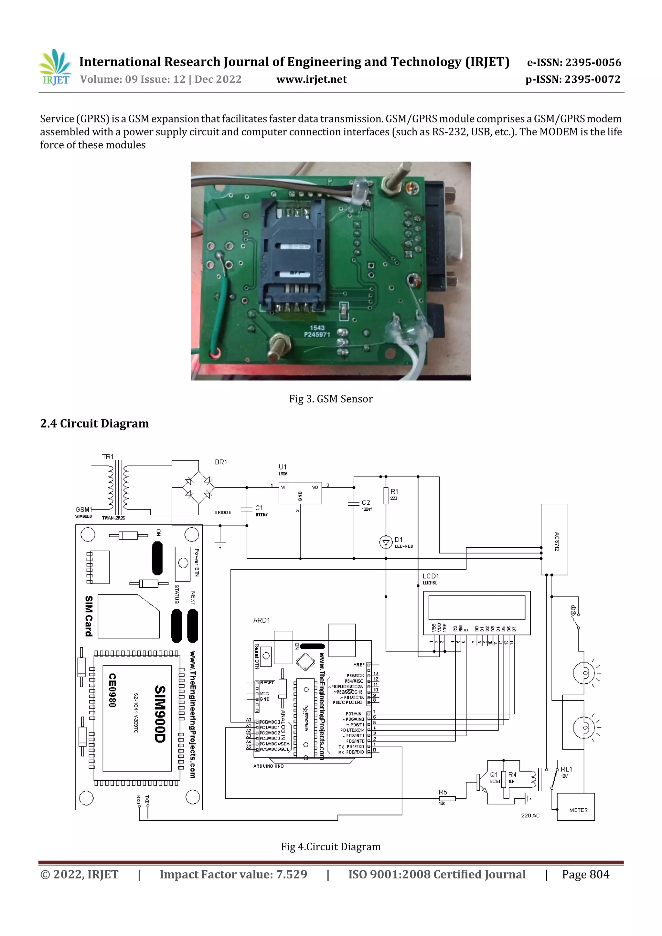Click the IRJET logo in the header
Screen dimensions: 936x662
pos(55,67)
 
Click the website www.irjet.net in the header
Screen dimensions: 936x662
pos(311,79)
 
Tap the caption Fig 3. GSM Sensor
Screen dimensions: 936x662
pos(330,399)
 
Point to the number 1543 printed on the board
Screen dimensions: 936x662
pos(317,328)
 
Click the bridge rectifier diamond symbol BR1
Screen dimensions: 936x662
pos(199,488)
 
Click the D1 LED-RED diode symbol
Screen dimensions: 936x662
pos(385,542)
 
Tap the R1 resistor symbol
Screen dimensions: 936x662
pos(385,496)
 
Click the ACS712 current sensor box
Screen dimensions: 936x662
pos(554,539)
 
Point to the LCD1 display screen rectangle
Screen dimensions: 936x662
pos(476,607)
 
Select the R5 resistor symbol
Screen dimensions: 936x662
pos(447,799)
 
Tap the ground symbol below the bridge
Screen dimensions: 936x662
pos(220,543)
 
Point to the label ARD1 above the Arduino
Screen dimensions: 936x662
pos(262,620)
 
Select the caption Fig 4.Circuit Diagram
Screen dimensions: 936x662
pos(330,847)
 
